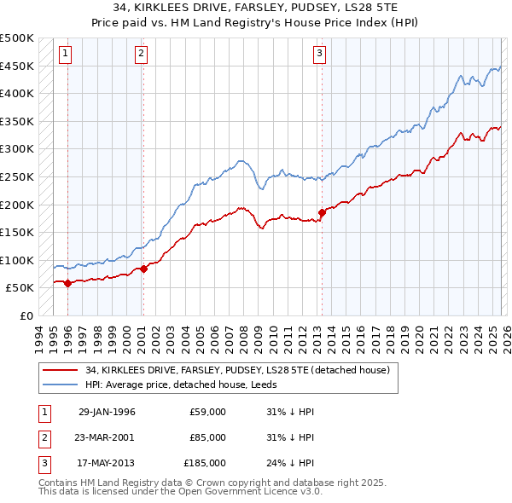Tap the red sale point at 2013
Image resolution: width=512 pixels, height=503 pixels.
[322, 212]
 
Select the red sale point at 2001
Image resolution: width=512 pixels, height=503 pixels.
[143, 269]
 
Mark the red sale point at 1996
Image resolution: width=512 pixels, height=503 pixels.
[67, 283]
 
